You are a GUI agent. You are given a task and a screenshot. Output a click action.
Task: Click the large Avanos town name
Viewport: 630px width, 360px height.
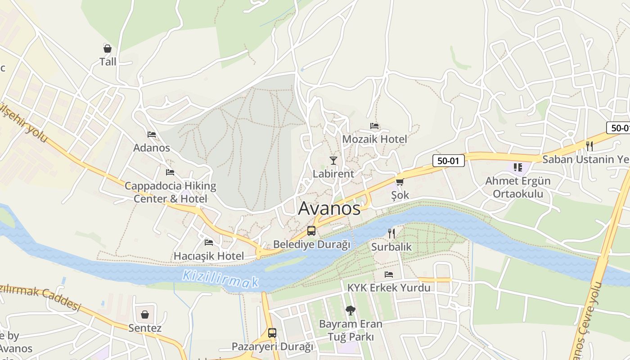329,208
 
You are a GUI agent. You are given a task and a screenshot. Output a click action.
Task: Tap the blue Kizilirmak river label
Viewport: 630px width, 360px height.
220,279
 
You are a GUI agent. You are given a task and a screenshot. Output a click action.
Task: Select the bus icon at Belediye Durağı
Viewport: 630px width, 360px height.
311,231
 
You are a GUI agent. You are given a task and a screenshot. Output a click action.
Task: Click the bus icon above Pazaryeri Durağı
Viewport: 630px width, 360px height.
272,333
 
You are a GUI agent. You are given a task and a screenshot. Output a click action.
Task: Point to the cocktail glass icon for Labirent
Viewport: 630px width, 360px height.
333,161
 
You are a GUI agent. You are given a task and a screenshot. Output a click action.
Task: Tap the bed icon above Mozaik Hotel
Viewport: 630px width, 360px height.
374,126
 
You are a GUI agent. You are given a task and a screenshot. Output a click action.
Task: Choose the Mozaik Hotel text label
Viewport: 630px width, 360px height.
374,139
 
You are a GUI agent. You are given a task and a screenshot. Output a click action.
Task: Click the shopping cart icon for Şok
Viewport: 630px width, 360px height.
400,182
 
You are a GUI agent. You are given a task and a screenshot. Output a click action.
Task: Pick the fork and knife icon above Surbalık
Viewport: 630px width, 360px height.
391,233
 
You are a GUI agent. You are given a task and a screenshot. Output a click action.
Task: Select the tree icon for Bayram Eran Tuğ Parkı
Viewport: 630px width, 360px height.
350,310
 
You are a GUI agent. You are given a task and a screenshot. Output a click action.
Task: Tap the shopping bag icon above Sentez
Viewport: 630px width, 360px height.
145,314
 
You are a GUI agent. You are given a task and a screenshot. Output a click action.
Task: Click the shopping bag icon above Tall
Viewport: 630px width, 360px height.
108,49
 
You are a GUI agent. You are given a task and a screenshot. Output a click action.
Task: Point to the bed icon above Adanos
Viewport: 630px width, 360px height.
152,135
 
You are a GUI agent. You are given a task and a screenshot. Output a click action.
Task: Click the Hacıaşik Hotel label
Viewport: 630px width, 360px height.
209,256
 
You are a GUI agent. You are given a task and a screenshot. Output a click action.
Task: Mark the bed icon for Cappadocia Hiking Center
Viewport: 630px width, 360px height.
170,172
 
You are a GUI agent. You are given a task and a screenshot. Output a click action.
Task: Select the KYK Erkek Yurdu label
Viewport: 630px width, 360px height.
389,288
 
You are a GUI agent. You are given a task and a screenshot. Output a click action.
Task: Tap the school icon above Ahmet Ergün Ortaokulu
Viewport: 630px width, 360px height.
517,167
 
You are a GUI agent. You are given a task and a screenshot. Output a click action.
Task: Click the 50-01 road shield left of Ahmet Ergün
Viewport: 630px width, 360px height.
448,161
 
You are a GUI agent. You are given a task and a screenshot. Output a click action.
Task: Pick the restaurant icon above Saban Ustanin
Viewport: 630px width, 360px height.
589,146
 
